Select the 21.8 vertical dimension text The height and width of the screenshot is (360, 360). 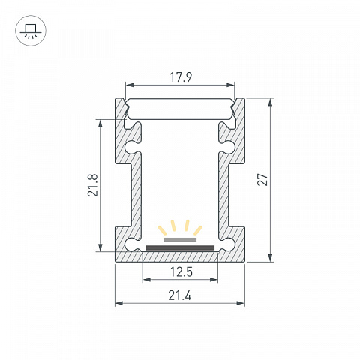tap(93, 185)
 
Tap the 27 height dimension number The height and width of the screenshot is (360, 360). tap(262, 179)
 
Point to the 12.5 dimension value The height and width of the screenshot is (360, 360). tap(181, 271)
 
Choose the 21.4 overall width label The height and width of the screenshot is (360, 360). tap(180, 295)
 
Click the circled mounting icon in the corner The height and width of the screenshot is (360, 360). tap(31, 31)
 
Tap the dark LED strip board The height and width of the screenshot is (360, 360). tap(180, 247)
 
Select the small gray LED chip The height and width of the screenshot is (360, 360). tap(180, 240)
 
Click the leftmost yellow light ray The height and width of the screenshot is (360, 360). tap(162, 230)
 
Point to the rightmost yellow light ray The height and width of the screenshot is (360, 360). tap(198, 230)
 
